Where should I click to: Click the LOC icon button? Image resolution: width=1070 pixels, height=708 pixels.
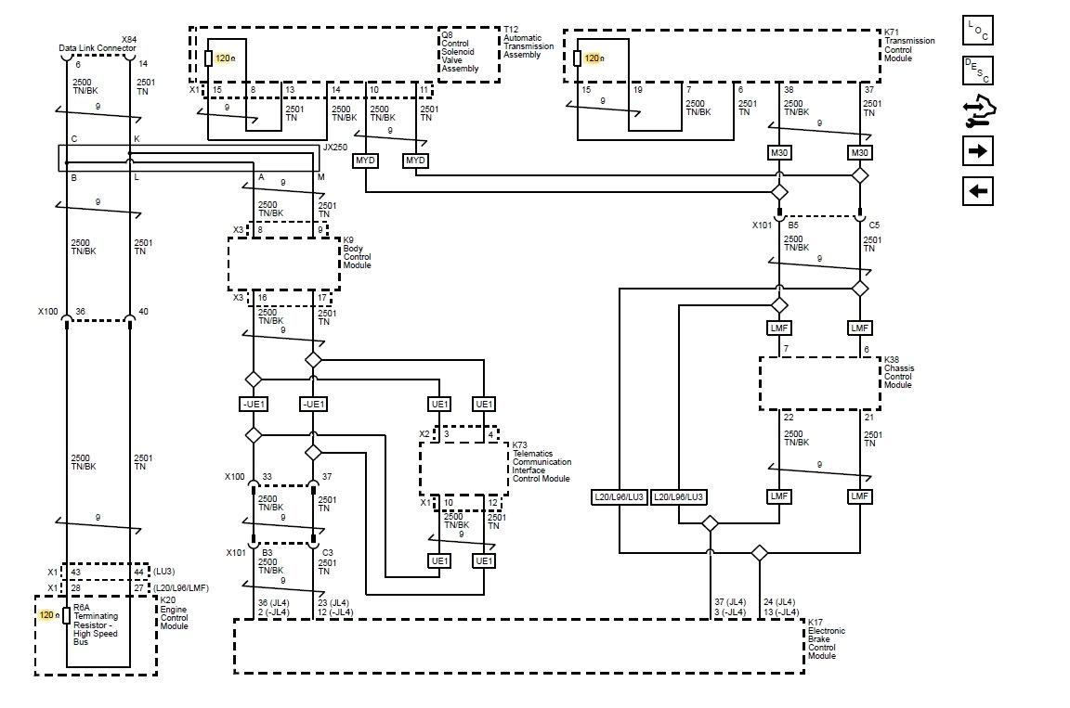click(x=979, y=30)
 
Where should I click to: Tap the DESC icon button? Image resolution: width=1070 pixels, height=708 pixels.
click(x=979, y=71)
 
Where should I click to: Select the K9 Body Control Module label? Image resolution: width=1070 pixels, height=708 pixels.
click(x=357, y=252)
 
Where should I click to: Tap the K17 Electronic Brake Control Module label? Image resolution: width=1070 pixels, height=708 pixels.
click(x=827, y=639)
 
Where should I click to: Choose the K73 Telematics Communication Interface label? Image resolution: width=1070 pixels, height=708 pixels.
click(x=542, y=461)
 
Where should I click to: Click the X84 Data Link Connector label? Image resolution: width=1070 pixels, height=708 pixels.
click(x=98, y=44)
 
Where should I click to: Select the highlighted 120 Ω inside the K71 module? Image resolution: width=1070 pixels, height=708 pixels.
click(x=594, y=58)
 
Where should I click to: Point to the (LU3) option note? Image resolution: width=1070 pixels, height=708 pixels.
click(x=163, y=572)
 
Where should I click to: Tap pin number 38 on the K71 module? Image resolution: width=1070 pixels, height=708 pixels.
click(x=788, y=89)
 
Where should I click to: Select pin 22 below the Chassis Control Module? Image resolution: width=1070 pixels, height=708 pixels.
click(x=787, y=417)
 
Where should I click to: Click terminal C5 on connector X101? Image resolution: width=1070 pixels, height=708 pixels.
click(x=875, y=224)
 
